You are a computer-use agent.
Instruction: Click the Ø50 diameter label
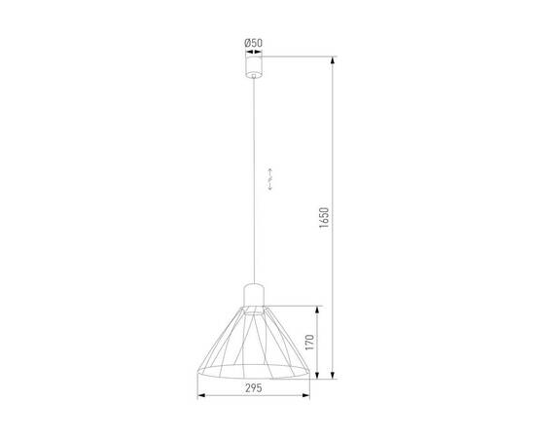(x=253, y=42)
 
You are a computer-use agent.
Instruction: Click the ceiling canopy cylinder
(x=254, y=66)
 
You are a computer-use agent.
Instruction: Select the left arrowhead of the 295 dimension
(x=201, y=396)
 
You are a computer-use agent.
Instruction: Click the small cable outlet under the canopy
(x=254, y=77)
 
